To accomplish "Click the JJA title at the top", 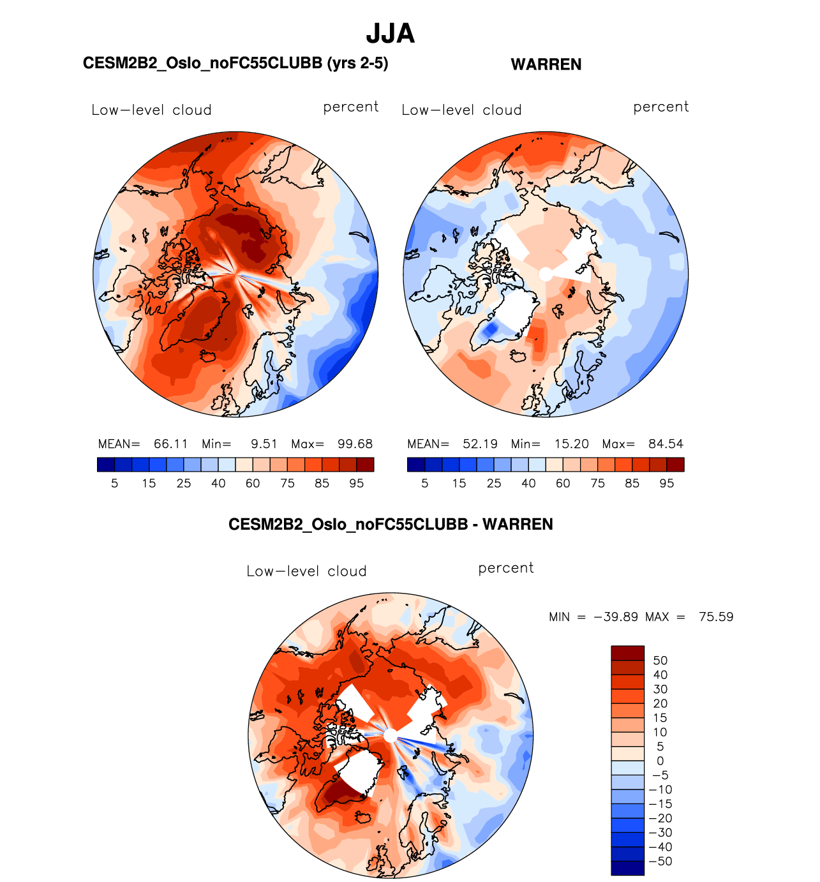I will [x=390, y=34].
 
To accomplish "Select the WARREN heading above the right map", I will [x=546, y=64].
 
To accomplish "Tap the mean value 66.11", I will [x=170, y=444].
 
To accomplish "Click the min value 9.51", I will [x=264, y=444].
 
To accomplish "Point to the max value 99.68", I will [x=355, y=444].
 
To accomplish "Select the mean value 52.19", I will [x=480, y=444].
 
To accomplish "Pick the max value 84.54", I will [x=666, y=444].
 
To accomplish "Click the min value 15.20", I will [x=571, y=444].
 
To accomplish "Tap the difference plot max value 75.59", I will [x=716, y=617].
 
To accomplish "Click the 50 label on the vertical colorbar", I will [x=660, y=661].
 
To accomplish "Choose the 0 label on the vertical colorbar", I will [x=660, y=761].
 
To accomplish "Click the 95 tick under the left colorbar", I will [x=356, y=484].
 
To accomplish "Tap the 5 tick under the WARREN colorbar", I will [x=425, y=484].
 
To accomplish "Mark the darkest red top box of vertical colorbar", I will [x=627, y=653].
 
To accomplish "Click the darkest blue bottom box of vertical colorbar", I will [x=627, y=868].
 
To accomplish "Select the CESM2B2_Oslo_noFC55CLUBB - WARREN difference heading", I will [x=391, y=525].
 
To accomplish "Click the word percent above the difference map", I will [x=505, y=568].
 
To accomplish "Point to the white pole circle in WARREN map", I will [x=545, y=274].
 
